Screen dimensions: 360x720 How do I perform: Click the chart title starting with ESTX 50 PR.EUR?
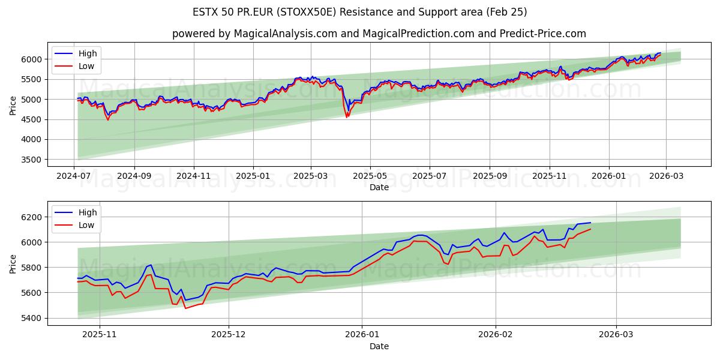tap(360, 12)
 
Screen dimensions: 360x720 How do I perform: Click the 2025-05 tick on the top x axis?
tap(370, 176)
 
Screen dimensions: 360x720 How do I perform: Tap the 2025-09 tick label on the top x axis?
tap(489, 176)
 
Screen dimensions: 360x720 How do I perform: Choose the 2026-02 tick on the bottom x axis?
tap(496, 334)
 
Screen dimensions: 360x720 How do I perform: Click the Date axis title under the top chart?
tap(379, 187)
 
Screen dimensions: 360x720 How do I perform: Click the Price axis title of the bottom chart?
tap(13, 263)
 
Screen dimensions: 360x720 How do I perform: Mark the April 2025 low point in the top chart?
tap(346, 117)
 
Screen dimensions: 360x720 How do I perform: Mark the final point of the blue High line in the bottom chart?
tap(590, 223)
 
